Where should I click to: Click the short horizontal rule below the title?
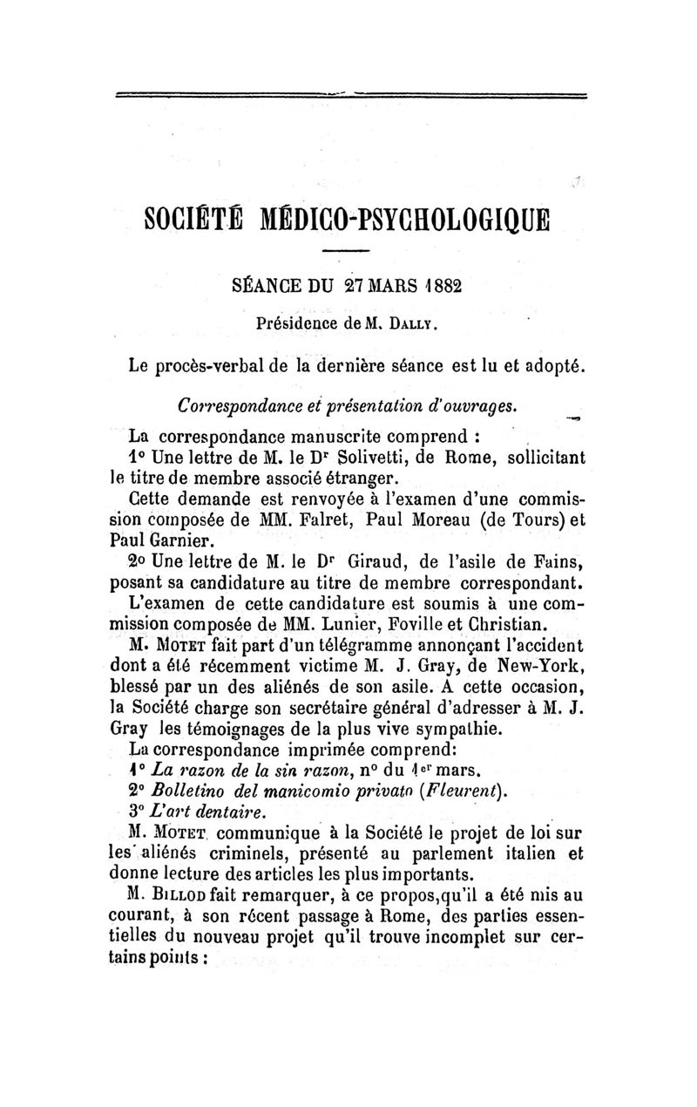coord(348,253)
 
